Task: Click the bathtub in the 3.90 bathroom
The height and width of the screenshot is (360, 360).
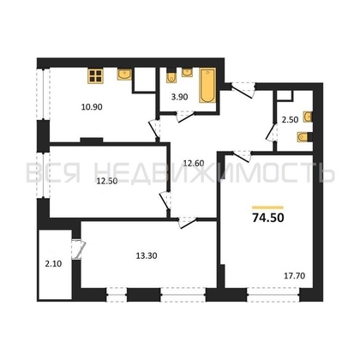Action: point(207,88)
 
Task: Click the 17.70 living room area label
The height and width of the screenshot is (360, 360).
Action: point(291,274)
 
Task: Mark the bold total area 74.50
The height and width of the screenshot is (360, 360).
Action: point(266,219)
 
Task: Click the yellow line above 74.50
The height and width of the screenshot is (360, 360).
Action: point(266,206)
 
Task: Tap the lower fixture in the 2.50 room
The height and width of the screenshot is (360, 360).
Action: point(303,135)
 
